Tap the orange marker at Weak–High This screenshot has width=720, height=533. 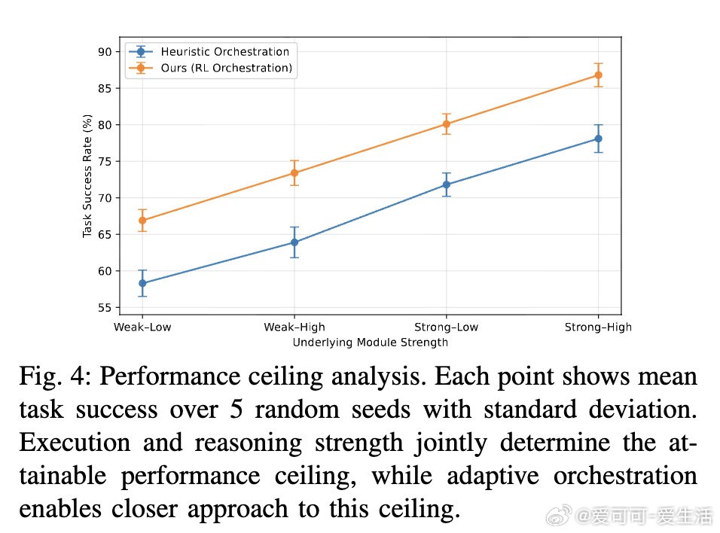pyautogui.click(x=294, y=173)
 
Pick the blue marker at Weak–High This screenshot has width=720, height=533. pyautogui.click(x=294, y=242)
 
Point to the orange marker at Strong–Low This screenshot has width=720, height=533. pyautogui.click(x=446, y=123)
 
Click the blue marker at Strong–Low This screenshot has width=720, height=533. pyautogui.click(x=446, y=184)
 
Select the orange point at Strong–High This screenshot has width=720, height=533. pyautogui.click(x=598, y=75)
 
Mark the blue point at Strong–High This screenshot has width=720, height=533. pyautogui.click(x=598, y=139)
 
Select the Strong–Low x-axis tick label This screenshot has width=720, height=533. pyautogui.click(x=446, y=327)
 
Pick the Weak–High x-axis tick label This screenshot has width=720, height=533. pyautogui.click(x=294, y=327)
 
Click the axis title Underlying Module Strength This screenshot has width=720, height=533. pyautogui.click(x=370, y=343)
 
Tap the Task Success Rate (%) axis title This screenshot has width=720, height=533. pyautogui.click(x=87, y=175)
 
